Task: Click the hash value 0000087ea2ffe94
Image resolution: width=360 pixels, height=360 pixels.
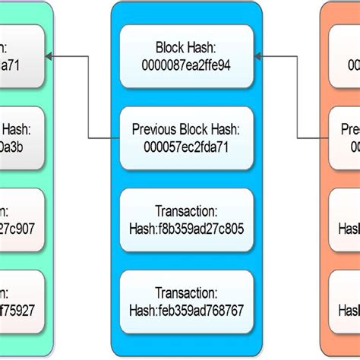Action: click(186, 65)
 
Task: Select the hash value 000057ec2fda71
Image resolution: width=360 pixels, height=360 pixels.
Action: click(186, 147)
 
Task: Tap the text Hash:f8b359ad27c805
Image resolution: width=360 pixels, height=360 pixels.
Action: click(186, 229)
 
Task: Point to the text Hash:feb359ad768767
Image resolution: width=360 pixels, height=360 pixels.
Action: click(186, 310)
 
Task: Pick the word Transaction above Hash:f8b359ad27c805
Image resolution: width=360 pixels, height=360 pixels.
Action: click(186, 212)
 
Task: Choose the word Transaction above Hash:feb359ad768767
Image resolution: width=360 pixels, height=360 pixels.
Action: click(186, 293)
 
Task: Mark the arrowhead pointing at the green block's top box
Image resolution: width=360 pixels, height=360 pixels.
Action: click(49, 56)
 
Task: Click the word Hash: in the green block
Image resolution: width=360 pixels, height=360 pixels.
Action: click(17, 129)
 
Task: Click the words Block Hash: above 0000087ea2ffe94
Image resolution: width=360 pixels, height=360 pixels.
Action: click(186, 47)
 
